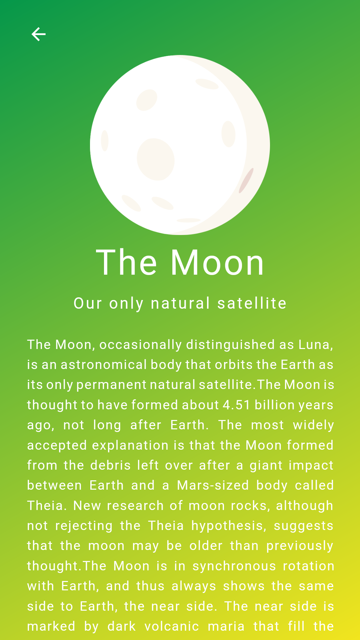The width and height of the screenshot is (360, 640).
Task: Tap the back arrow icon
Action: point(38,34)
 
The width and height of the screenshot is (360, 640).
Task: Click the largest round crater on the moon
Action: point(156,159)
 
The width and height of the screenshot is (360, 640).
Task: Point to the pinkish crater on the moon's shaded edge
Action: point(246,181)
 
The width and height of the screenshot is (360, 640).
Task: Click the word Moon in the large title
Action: point(218,263)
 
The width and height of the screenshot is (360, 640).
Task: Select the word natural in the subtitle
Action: point(180,303)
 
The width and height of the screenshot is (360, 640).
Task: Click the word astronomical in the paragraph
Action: point(104,365)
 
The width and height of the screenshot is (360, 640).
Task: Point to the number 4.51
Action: point(236,405)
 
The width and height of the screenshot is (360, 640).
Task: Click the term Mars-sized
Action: point(213,485)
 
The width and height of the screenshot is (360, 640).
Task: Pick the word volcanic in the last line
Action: point(172,626)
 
